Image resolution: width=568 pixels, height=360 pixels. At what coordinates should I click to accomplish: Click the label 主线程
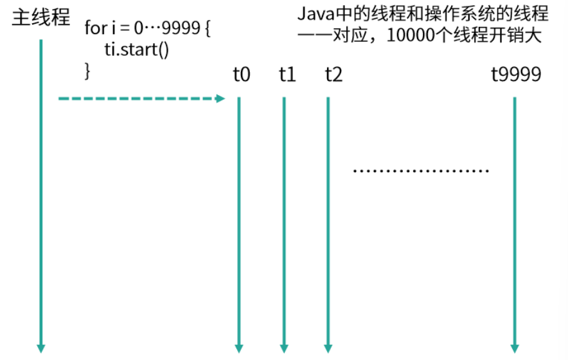(40, 17)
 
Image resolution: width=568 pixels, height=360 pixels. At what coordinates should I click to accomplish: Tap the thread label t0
(241, 75)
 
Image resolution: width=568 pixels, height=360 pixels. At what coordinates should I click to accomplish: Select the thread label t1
(287, 75)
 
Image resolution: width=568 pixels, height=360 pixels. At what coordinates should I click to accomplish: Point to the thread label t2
(333, 75)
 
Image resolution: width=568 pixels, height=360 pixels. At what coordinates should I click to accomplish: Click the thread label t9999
(516, 75)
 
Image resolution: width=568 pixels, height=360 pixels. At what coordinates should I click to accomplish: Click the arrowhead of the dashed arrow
(221, 98)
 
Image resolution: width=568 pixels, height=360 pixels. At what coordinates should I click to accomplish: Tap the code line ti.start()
(136, 50)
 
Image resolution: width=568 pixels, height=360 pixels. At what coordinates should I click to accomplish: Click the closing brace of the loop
(87, 69)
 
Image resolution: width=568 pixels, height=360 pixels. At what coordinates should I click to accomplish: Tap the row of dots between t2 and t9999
(422, 171)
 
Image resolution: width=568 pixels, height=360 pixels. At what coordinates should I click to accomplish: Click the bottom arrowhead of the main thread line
(41, 348)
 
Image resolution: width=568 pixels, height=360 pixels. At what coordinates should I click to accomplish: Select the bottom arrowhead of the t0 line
(239, 348)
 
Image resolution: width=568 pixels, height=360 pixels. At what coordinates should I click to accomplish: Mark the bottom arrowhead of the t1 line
(283, 348)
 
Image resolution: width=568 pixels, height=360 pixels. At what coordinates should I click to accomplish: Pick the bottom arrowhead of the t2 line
(328, 348)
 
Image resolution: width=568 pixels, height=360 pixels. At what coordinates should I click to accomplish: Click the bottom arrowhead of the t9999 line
(515, 348)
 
